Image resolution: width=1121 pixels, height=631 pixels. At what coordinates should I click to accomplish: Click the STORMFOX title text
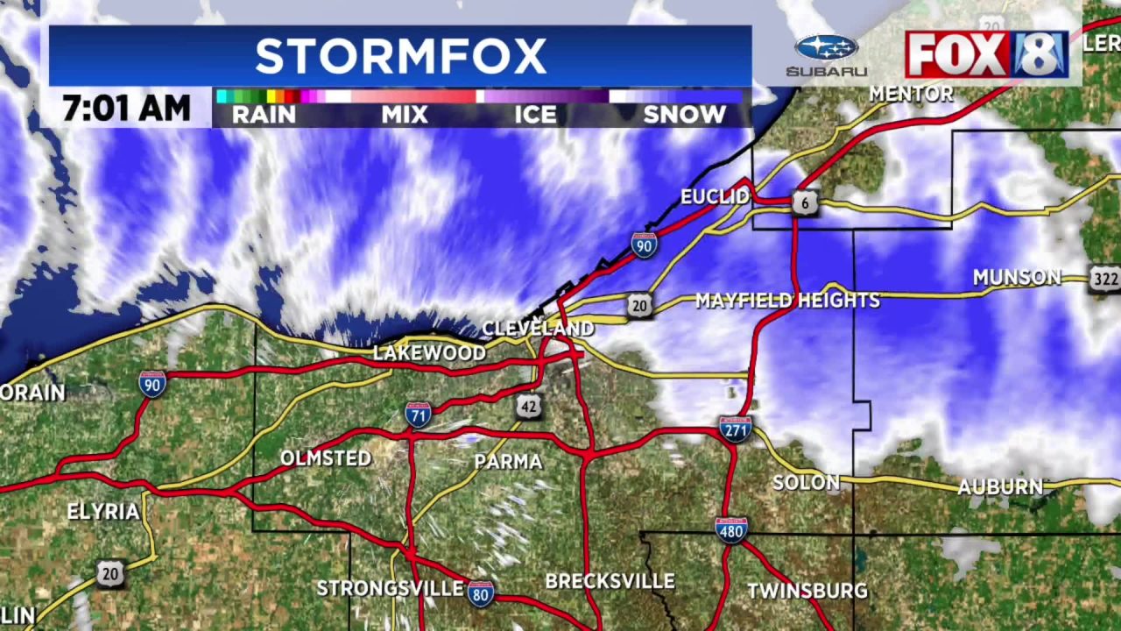[400, 57]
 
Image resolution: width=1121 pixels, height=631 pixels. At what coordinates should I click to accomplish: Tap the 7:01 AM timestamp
[126, 109]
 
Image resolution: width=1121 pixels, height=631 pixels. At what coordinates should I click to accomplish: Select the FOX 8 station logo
[986, 54]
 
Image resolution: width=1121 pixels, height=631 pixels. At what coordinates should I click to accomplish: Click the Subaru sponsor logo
[826, 55]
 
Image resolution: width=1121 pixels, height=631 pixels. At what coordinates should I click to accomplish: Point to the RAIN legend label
[264, 114]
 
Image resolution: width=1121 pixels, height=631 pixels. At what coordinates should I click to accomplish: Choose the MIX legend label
[405, 114]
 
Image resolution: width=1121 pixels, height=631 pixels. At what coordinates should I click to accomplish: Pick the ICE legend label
[535, 114]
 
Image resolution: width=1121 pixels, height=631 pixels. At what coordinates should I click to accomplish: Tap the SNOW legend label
[684, 114]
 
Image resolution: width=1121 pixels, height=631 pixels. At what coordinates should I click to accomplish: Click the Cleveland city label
[538, 329]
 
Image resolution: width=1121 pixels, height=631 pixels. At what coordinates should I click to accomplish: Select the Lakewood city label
[429, 352]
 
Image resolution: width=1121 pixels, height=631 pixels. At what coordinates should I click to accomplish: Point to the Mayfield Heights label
[787, 301]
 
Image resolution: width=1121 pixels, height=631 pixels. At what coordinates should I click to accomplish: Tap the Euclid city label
[715, 196]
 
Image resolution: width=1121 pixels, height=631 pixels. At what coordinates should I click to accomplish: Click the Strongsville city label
[390, 588]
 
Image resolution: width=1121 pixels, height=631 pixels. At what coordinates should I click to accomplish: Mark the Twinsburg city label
[807, 591]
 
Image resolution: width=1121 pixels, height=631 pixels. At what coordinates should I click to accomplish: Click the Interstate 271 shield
[736, 429]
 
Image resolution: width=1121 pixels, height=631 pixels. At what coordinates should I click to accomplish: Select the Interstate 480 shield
[731, 529]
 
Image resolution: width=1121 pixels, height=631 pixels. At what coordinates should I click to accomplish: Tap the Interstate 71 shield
[418, 414]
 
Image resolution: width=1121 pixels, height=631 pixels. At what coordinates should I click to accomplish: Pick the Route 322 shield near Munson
[1104, 280]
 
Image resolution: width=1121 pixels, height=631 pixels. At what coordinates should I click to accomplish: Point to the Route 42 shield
[527, 406]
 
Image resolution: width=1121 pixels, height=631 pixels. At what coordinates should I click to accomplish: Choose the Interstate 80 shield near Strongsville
[480, 592]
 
